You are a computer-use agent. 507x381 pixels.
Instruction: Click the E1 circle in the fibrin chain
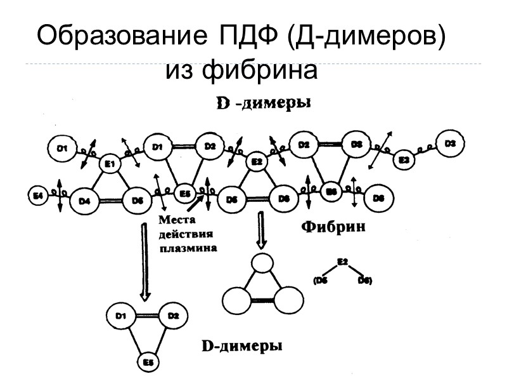[x=110, y=164]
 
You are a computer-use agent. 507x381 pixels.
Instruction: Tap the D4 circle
[x=85, y=201]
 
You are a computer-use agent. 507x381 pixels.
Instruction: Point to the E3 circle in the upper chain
[x=404, y=161]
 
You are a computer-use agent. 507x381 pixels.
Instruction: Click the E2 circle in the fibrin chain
[x=257, y=163]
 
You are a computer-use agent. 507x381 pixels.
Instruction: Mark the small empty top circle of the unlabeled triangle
[x=261, y=262]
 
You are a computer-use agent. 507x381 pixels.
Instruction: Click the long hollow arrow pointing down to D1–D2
[x=145, y=259]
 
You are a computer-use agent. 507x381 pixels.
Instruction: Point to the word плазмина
[x=188, y=248]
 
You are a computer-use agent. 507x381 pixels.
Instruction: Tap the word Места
[x=174, y=220]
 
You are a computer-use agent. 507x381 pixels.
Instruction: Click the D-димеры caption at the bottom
[x=241, y=346]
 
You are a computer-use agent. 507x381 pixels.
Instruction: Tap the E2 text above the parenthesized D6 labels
[x=343, y=261]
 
